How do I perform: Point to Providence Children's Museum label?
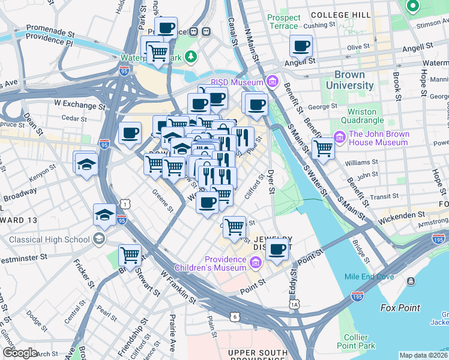pos(210,263)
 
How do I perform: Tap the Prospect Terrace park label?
pos(283,22)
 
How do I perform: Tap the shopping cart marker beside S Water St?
pos(324,147)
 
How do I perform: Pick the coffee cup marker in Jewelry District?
pos(277,248)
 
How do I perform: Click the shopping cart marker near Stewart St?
pos(130,255)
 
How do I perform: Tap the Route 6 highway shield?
pos(235,316)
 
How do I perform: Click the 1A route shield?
pos(294,305)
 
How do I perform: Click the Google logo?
pos(20,353)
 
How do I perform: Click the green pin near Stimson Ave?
pos(412,7)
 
